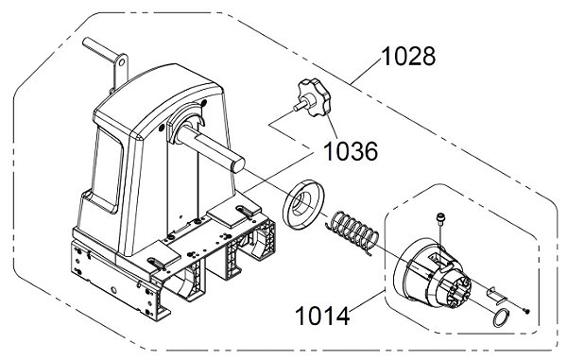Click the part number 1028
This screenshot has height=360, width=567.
[408, 57]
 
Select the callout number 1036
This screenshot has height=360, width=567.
[350, 151]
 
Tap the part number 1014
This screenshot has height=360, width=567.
[322, 317]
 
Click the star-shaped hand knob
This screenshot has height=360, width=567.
[316, 97]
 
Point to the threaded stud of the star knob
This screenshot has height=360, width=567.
[300, 106]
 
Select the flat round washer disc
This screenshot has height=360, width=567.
[303, 203]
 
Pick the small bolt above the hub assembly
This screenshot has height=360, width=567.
[440, 219]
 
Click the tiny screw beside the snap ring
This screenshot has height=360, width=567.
[526, 311]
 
